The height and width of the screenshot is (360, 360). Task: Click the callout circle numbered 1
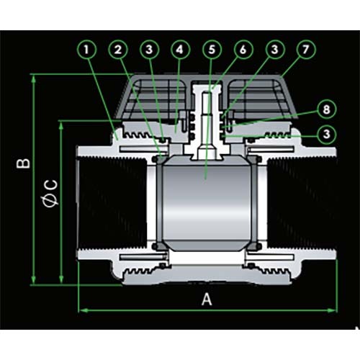click(89, 50)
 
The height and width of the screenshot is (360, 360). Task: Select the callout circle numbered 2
click(118, 50)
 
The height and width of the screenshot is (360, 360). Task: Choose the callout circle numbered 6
click(242, 50)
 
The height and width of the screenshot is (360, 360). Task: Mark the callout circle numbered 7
click(306, 50)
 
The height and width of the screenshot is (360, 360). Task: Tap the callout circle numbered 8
click(326, 109)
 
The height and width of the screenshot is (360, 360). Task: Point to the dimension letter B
click(24, 164)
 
